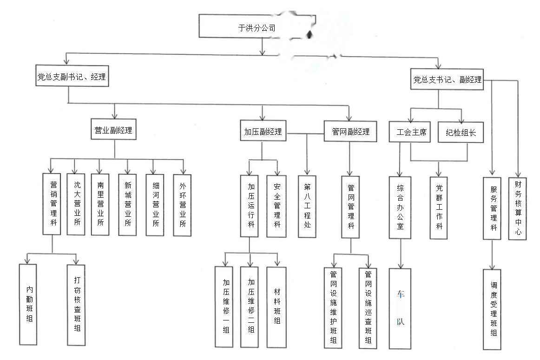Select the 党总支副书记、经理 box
pos(72,77)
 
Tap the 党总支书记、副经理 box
pos(447,80)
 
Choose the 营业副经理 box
pos(113,131)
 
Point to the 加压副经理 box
pos(263,132)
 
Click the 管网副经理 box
pos(350,132)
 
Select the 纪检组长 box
pos(461,133)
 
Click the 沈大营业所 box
pos(77,204)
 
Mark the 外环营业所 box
pos(182,205)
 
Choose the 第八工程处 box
pos(307,206)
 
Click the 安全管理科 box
pos(277,206)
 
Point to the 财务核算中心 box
pos(518,208)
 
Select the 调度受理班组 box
pos(492,309)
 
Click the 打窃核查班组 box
pos(77,305)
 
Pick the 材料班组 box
pos(277,307)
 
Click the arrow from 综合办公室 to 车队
pos(400,253)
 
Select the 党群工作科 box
pos(439,207)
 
